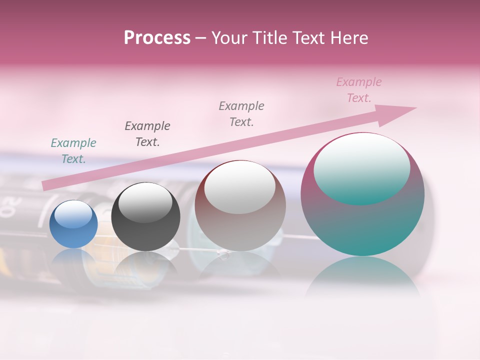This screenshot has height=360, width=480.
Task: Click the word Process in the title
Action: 157,38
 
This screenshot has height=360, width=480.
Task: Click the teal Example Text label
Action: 73,151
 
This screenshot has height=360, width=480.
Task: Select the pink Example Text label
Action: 359,90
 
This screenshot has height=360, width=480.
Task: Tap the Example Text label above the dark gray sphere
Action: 147,133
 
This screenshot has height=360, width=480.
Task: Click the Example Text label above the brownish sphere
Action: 241,113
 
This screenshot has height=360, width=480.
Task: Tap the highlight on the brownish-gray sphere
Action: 240,187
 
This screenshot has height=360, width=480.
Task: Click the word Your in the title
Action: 227,38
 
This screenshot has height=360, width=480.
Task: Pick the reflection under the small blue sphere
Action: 73,260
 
